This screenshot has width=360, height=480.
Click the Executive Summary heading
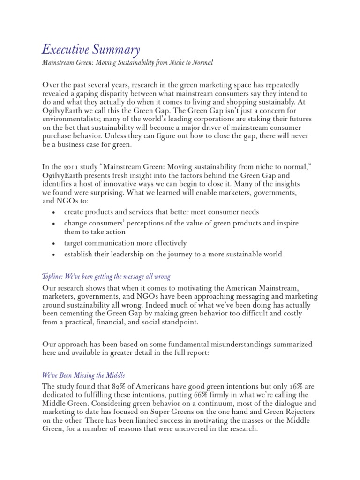[90, 49]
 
